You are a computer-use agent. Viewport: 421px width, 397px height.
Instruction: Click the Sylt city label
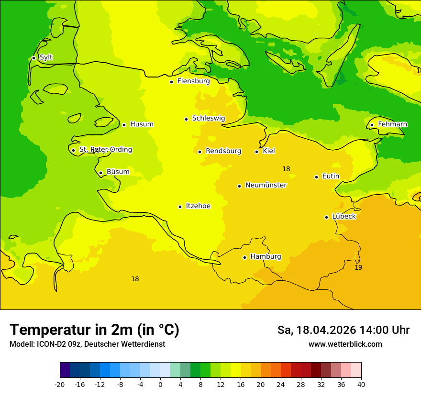click(x=46, y=57)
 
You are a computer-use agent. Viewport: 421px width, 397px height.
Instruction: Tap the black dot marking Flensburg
click(x=171, y=82)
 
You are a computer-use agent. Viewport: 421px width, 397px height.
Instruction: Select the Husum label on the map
click(x=142, y=124)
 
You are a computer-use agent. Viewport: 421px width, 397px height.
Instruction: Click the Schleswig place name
click(x=208, y=118)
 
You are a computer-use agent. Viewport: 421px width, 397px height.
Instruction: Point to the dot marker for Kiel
click(x=257, y=152)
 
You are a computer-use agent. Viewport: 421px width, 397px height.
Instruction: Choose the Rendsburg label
click(x=223, y=151)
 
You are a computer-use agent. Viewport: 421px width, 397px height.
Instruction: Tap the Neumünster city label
click(x=266, y=185)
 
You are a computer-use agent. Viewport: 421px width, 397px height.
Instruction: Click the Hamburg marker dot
click(x=244, y=257)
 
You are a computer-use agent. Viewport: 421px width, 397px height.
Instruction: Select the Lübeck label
click(x=343, y=216)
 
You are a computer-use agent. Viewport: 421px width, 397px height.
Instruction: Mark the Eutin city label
click(x=331, y=176)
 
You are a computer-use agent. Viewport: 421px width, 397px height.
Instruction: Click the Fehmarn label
click(x=392, y=124)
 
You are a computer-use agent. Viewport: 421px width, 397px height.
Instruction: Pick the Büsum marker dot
click(x=100, y=173)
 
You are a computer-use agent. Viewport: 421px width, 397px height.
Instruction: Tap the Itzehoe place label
click(x=198, y=206)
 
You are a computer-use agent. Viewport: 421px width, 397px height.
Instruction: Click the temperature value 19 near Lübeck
click(x=358, y=267)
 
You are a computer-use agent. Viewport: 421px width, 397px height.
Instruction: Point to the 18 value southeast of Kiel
click(x=286, y=169)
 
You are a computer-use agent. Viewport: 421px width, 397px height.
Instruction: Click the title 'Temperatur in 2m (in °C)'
click(x=94, y=330)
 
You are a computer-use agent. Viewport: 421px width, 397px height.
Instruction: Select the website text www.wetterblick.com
click(x=345, y=344)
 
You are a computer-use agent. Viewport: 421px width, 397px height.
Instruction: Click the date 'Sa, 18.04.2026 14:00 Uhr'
click(x=343, y=330)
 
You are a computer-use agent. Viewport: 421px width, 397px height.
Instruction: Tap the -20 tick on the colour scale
click(x=60, y=385)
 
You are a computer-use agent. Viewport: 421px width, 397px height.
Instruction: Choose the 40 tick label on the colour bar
click(x=361, y=385)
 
